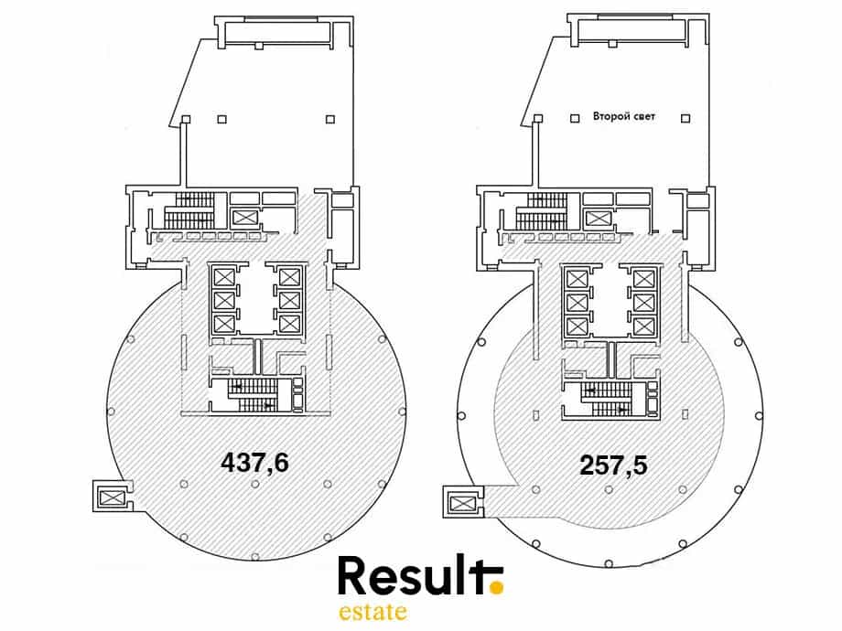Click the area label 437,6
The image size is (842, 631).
click(254, 463)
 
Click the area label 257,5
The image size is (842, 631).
click(613, 465)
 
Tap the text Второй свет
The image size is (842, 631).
click(624, 116)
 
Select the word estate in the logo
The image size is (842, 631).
click(372, 612)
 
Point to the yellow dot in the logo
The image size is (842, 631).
click(498, 588)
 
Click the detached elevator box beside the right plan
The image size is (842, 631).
click(461, 503)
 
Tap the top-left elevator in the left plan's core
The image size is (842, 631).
click(222, 277)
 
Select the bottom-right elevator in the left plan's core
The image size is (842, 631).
click(289, 324)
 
